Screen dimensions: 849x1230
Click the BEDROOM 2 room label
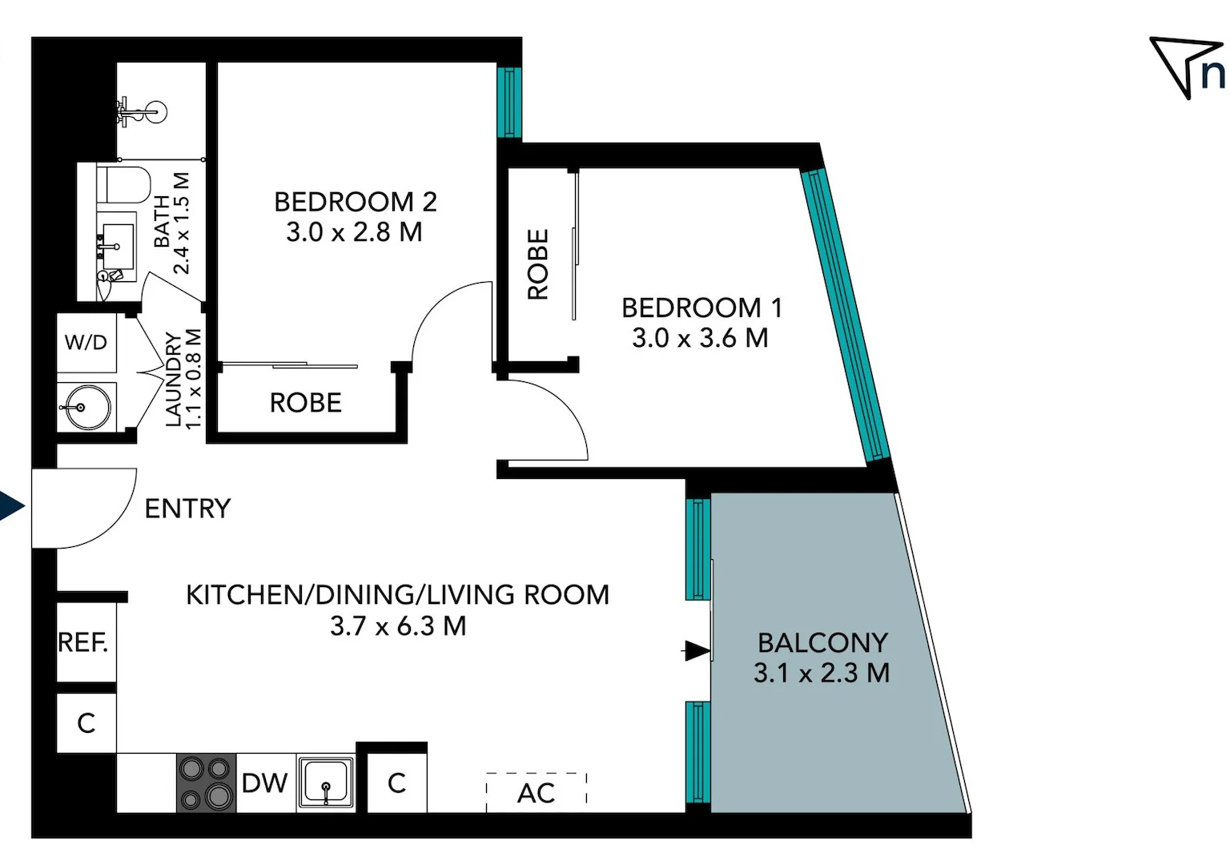355,202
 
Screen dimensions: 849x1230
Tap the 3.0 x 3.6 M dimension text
700,338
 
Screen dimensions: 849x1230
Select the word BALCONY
822,643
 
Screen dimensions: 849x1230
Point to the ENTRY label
187,509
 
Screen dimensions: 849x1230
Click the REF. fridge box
85,642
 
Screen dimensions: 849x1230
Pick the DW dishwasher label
264,783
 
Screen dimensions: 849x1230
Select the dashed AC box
536,792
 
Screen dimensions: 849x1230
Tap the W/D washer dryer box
86,343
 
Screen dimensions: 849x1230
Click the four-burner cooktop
206,783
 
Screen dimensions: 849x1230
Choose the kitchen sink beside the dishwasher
326,783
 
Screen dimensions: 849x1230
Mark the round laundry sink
83,408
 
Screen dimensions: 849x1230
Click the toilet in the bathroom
125,185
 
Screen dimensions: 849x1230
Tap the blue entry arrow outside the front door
11,507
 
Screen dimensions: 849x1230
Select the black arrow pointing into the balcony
697,650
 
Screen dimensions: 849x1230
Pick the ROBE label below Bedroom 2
305,403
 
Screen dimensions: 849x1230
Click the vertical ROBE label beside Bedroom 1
538,264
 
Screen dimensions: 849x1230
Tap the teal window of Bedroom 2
508,103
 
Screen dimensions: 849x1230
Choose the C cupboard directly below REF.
86,722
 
